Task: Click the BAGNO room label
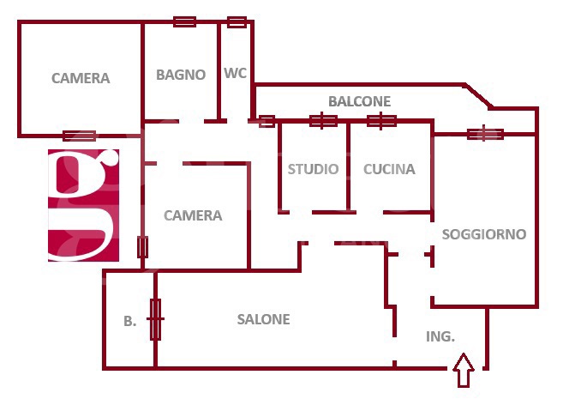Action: click(181, 75)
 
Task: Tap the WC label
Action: click(235, 73)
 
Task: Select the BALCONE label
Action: click(359, 101)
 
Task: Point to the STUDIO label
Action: click(313, 169)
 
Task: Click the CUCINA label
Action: click(389, 169)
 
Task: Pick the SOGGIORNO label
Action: click(484, 234)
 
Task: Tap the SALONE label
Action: click(264, 319)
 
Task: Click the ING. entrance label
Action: click(440, 336)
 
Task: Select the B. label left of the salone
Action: click(130, 321)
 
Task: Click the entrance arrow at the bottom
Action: click(464, 370)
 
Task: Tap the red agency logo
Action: click(83, 205)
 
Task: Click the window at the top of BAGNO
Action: click(184, 21)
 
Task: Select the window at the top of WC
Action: click(237, 22)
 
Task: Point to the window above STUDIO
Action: click(323, 121)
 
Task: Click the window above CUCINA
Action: click(381, 121)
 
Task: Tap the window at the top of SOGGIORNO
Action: click(485, 134)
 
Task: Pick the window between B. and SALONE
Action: click(155, 319)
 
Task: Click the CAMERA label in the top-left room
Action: click(81, 78)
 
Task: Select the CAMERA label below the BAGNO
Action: click(193, 215)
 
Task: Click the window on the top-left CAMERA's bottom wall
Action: click(80, 136)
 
